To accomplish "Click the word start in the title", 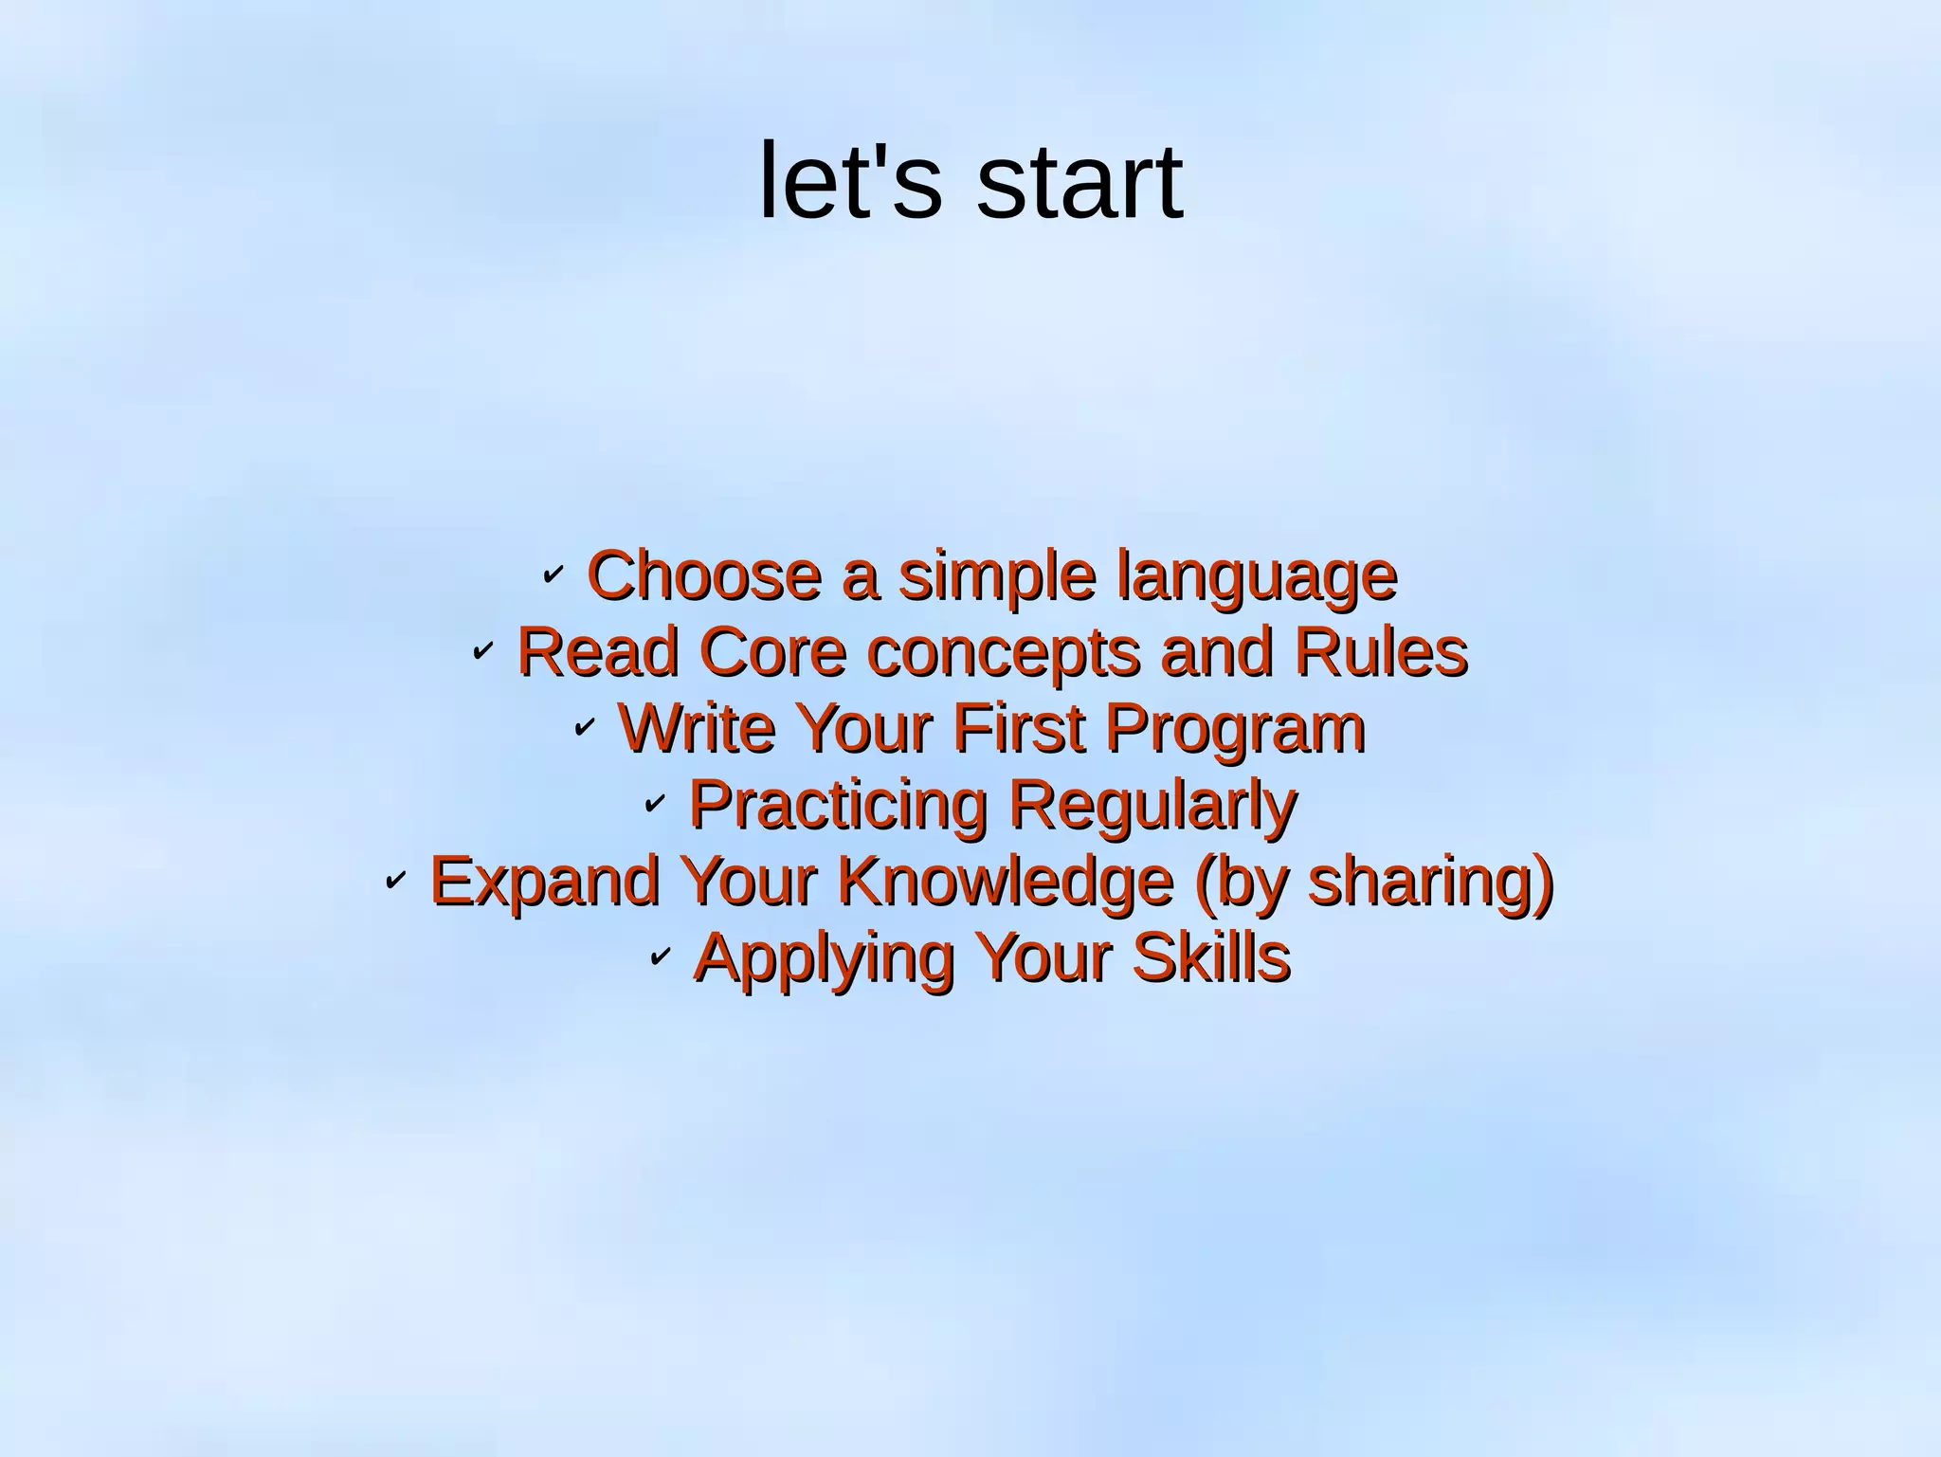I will click(x=1079, y=182).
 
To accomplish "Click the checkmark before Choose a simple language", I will click(x=553, y=574).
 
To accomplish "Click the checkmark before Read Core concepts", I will click(x=482, y=650).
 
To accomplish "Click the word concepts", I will click(x=1004, y=654).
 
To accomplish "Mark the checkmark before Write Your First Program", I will click(x=584, y=727).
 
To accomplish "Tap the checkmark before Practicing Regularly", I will click(x=654, y=804).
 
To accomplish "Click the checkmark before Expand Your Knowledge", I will click(x=395, y=881).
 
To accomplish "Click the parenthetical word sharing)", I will click(x=1431, y=883).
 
